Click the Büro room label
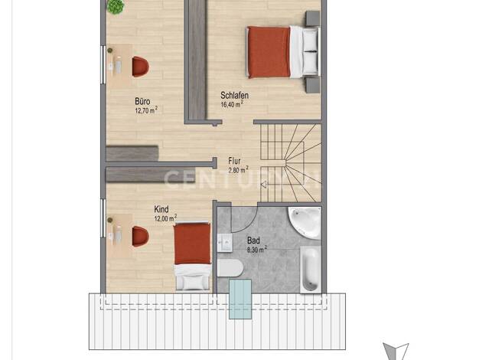point(142,101)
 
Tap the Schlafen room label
point(234,96)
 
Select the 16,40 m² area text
point(232,104)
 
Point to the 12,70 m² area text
point(146,110)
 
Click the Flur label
point(234,161)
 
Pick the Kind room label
point(161,210)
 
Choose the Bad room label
point(253,241)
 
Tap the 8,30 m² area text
point(257,250)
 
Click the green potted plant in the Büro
point(116,6)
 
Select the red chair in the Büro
point(140,67)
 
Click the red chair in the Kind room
point(140,237)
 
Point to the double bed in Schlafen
point(283,52)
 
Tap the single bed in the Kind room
point(193,257)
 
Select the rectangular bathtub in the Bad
point(311,270)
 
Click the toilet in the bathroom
point(230,268)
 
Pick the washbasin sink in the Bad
point(225,243)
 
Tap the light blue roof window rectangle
point(240,299)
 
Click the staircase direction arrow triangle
point(264,184)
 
